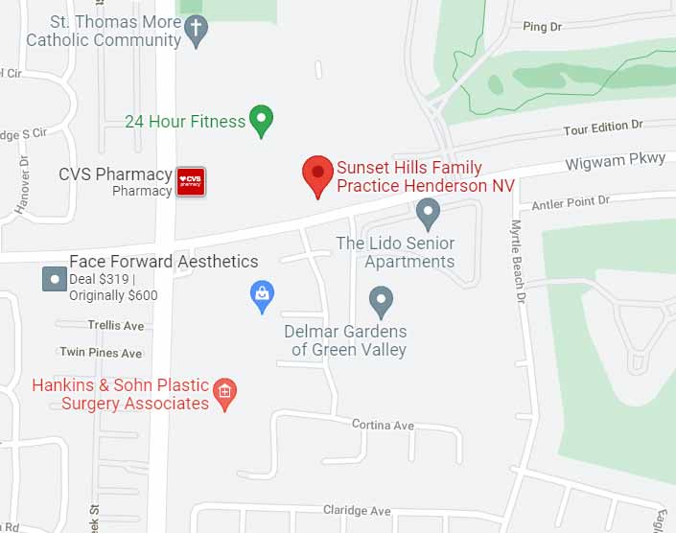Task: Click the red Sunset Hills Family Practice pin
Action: (317, 174)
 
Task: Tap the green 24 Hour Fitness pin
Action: (261, 120)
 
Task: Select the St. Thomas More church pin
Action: (196, 31)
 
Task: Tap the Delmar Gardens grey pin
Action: (382, 301)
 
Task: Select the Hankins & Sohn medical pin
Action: (224, 392)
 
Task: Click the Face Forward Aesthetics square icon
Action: (55, 280)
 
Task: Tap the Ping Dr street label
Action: (542, 28)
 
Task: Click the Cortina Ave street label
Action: (383, 425)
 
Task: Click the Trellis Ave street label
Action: (115, 326)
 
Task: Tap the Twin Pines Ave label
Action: (101, 353)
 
